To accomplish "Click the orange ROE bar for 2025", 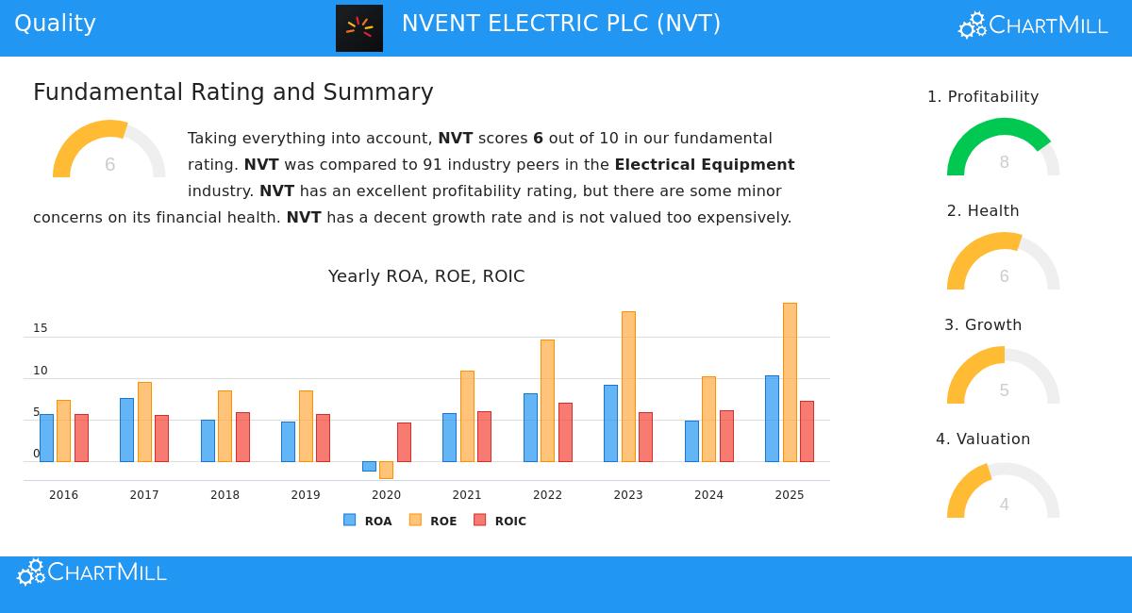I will coord(790,382).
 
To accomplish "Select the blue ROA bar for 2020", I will coord(369,466).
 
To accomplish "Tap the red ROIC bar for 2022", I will coord(565,432).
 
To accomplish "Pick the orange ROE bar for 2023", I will coord(628,387).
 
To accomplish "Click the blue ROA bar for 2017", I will coord(126,430).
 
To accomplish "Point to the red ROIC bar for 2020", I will coord(404,442).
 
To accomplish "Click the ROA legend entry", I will coord(368,521).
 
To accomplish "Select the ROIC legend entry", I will coord(500,521).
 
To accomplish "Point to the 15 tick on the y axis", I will coord(41,329).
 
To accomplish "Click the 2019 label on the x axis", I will coord(306,495).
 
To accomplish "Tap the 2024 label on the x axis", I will coord(708,495).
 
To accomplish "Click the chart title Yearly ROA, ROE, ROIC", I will coord(426,276).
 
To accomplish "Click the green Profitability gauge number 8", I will coord(1004,163).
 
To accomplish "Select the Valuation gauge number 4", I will coord(1004,505).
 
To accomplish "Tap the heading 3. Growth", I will coord(983,325).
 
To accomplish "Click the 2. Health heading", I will coord(983,211).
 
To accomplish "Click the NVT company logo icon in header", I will coord(359,28).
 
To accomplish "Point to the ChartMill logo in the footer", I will coord(92,572).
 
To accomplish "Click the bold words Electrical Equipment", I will coord(704,165).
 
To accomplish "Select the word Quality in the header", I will coord(56,24).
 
